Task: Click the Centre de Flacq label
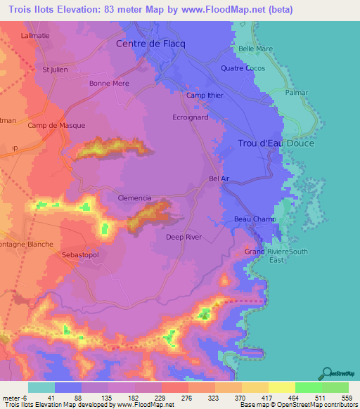pyautogui.click(x=150, y=44)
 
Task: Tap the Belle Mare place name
pyautogui.click(x=255, y=48)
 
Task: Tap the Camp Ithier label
pyautogui.click(x=205, y=96)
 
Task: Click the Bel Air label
pyautogui.click(x=219, y=179)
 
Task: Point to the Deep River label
pyautogui.click(x=184, y=238)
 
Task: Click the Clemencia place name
pyautogui.click(x=134, y=198)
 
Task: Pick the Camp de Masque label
pyautogui.click(x=56, y=126)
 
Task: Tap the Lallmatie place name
pyautogui.click(x=37, y=34)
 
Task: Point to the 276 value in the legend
pyautogui.click(x=186, y=397)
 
